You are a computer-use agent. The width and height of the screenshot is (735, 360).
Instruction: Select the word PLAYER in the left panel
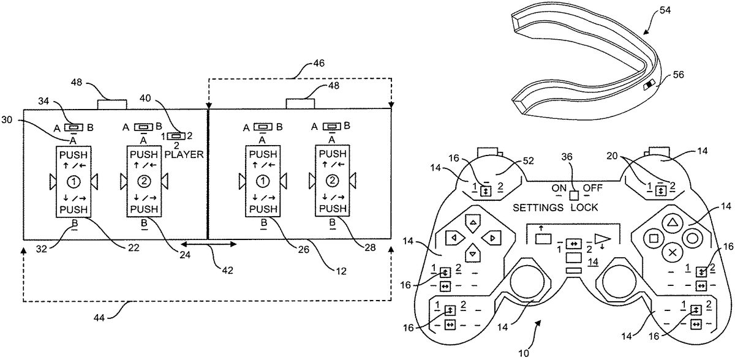(184, 156)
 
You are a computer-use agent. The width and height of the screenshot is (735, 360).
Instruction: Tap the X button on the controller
(673, 250)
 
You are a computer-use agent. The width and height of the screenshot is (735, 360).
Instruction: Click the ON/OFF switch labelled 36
(574, 196)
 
